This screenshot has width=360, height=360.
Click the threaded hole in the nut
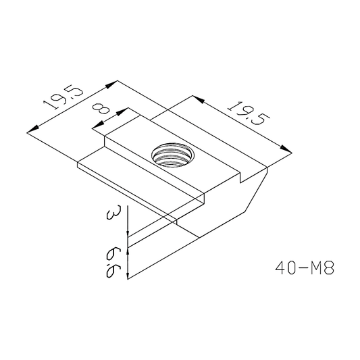pos(172,155)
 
